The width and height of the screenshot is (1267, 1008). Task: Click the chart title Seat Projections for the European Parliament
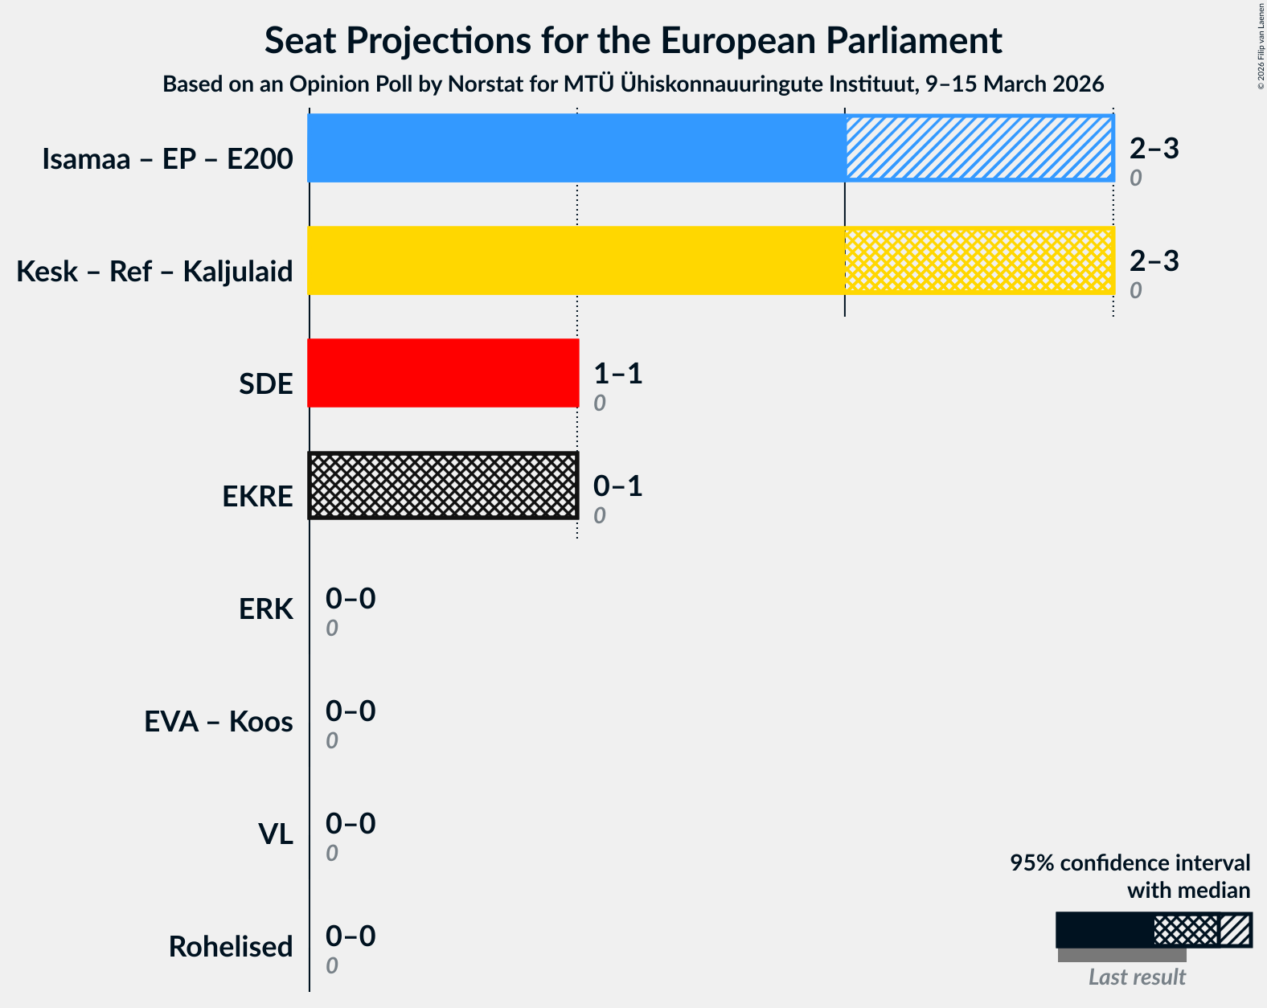coord(633,40)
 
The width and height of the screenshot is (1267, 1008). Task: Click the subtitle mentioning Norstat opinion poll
coord(633,84)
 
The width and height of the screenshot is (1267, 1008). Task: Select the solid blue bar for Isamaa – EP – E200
coord(576,148)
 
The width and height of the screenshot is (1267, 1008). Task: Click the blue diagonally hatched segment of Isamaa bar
coord(978,148)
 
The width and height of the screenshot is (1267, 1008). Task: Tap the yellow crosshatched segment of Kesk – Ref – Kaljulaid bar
coord(978,260)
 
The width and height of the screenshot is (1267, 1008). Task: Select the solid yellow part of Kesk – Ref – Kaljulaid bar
coord(576,260)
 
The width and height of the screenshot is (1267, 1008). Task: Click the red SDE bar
coord(443,373)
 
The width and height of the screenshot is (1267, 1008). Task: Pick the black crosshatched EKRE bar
coord(443,486)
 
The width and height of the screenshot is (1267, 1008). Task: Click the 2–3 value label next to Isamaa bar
coord(1154,149)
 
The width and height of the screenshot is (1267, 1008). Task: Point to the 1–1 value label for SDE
coord(617,374)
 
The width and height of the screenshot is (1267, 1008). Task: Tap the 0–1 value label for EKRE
coord(617,486)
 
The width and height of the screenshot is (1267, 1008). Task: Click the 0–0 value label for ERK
coord(350,599)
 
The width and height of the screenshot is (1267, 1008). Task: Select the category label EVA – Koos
coord(218,722)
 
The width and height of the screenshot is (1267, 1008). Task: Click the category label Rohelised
coord(230,947)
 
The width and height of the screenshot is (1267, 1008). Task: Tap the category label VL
coord(275,834)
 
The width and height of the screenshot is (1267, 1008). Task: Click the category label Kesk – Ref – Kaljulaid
coord(154,272)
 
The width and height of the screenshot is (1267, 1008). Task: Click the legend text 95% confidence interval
coord(1130,863)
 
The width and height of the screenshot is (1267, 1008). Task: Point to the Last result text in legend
coord(1136,977)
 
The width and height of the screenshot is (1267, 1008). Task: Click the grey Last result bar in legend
coord(1121,955)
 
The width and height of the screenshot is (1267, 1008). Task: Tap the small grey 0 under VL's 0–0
coord(331,854)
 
